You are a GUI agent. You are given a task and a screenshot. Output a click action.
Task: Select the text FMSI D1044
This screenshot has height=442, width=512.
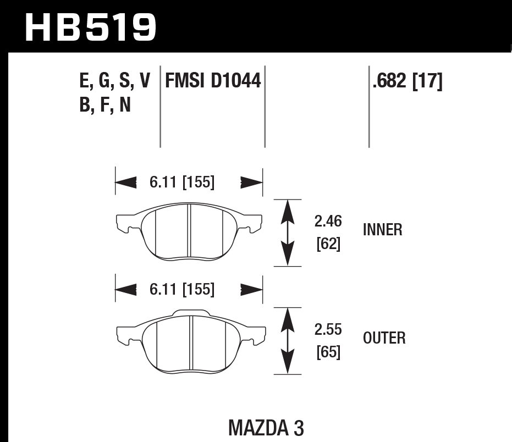pyautogui.click(x=212, y=82)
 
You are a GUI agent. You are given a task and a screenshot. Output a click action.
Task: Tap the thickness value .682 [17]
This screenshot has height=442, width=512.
pyautogui.click(x=408, y=82)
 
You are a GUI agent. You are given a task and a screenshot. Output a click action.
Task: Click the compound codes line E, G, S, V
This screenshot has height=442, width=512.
pyautogui.click(x=114, y=82)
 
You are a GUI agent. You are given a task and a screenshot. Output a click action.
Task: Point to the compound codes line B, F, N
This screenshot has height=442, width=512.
pyautogui.click(x=106, y=104)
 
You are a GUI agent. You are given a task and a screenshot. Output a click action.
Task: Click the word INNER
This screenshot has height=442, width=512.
pyautogui.click(x=383, y=230)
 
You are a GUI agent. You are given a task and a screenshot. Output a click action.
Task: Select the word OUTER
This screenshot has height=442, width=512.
pyautogui.click(x=384, y=338)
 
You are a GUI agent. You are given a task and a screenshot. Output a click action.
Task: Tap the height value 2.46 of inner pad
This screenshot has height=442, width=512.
pyautogui.click(x=328, y=222)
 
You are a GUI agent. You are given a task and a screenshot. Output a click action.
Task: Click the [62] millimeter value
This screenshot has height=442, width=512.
pyautogui.click(x=328, y=244)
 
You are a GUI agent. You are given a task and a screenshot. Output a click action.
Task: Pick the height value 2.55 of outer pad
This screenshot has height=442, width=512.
pyautogui.click(x=328, y=330)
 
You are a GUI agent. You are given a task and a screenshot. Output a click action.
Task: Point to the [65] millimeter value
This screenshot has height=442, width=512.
pyautogui.click(x=328, y=352)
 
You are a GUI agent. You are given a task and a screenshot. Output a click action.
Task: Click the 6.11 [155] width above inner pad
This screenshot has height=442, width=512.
pyautogui.click(x=181, y=182)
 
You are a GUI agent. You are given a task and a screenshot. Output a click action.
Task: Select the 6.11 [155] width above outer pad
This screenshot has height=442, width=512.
pyautogui.click(x=181, y=289)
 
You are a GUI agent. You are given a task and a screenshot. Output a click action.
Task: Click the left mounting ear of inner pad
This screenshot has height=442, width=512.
pyautogui.click(x=125, y=223)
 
